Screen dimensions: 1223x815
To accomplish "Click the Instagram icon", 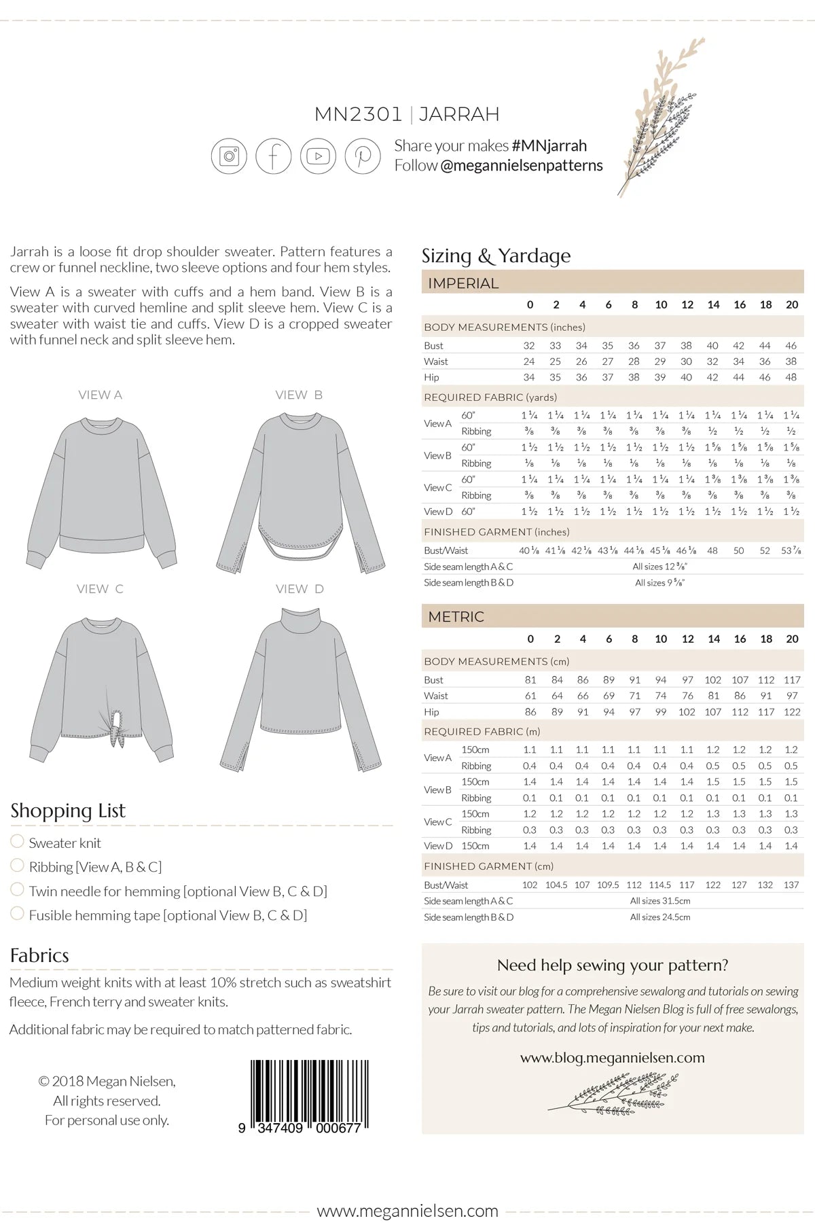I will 230,156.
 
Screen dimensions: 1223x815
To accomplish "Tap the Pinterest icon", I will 363,156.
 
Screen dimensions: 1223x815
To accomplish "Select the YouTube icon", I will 318,156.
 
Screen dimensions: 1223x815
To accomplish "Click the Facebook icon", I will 274,156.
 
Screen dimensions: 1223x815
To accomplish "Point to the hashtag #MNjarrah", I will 549,145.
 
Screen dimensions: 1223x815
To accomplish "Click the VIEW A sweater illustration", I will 102,489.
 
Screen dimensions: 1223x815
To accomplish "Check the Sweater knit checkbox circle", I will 18,841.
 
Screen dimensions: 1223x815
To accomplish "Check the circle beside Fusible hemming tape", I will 18,913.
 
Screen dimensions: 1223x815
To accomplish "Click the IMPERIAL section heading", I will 463,283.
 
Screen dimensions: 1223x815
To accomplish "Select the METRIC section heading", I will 456,617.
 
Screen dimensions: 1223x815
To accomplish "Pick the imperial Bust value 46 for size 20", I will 791,345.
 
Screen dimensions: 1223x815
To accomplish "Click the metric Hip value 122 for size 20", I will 792,712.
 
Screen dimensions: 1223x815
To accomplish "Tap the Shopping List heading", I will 68,811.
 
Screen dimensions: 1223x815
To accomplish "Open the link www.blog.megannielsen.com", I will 612,1057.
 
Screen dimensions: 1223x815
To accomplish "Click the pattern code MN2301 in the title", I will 359,114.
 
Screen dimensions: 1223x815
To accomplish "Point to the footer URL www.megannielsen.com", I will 407,1211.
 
